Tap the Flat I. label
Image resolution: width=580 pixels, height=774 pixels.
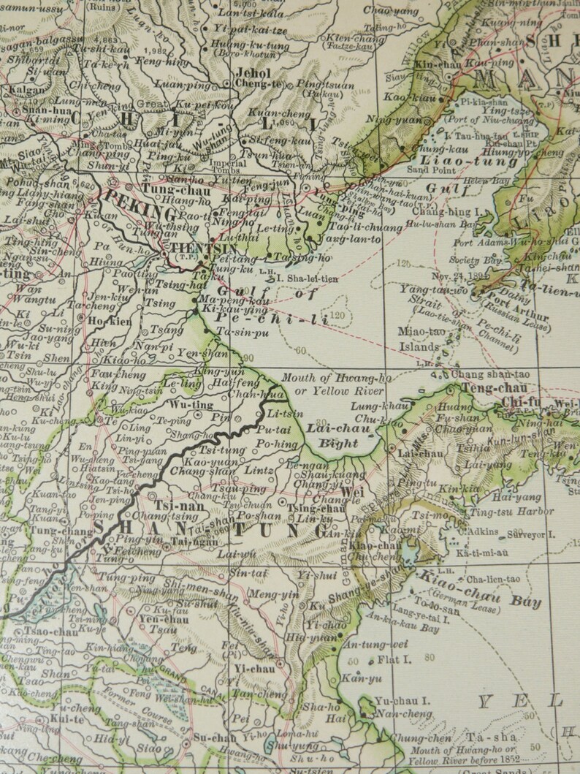tap(394, 661)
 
